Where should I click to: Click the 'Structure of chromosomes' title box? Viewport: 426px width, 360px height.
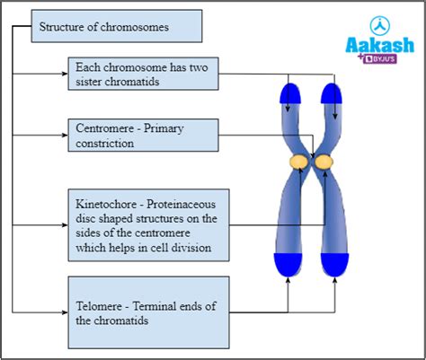(116, 27)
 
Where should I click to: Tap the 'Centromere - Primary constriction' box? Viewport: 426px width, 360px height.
(143, 136)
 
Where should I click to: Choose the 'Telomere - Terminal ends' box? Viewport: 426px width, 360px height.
(143, 312)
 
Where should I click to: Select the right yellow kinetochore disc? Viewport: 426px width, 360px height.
(321, 162)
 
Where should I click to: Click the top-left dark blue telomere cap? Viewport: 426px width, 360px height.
(290, 94)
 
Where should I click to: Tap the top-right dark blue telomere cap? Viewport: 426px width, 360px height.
(333, 94)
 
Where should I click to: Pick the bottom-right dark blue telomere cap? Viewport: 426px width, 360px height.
(333, 264)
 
